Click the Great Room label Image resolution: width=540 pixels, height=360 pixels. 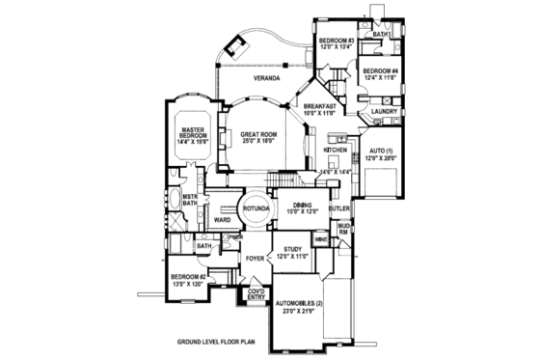(x=258, y=136)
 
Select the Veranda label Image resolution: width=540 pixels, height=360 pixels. (x=267, y=76)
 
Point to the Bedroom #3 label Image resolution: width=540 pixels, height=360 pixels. (x=338, y=42)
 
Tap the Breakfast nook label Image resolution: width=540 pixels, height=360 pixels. (x=320, y=109)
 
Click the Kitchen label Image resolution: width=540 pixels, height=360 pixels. (x=335, y=151)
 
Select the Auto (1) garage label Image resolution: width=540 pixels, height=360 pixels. (x=383, y=155)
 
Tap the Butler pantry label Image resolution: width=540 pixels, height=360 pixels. (x=337, y=208)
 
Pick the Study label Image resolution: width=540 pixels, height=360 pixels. (x=293, y=252)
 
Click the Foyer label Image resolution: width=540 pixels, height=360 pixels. (x=255, y=260)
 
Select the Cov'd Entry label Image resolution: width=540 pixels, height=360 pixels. (x=256, y=294)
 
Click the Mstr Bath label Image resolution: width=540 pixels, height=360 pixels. (x=190, y=201)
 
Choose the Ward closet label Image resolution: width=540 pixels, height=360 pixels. (x=221, y=221)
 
